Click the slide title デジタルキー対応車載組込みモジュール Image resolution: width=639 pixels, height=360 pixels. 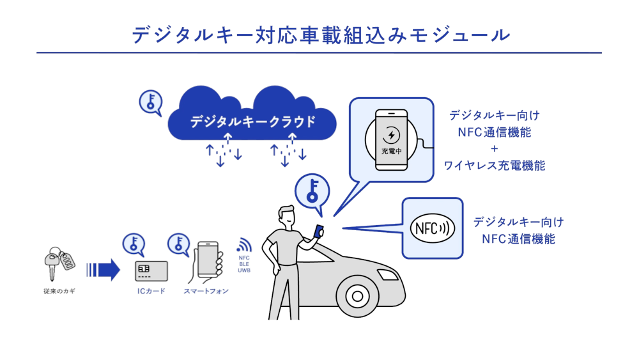coord(319,35)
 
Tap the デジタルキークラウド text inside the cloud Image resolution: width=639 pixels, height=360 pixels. coord(253,121)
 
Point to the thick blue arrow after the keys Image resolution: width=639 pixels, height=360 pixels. coord(104,269)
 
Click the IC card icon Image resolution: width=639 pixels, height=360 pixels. coord(151,271)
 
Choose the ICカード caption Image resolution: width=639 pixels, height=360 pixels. coord(151,292)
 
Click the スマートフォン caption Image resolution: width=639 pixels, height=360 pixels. coord(206,292)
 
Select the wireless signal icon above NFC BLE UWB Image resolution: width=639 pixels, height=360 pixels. coord(244,245)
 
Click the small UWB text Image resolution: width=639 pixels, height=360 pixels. coord(244,271)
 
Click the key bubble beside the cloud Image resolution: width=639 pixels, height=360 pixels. coord(151,102)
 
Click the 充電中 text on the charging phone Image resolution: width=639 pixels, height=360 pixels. coord(391,152)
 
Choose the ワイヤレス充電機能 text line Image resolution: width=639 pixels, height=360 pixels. coord(495,166)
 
